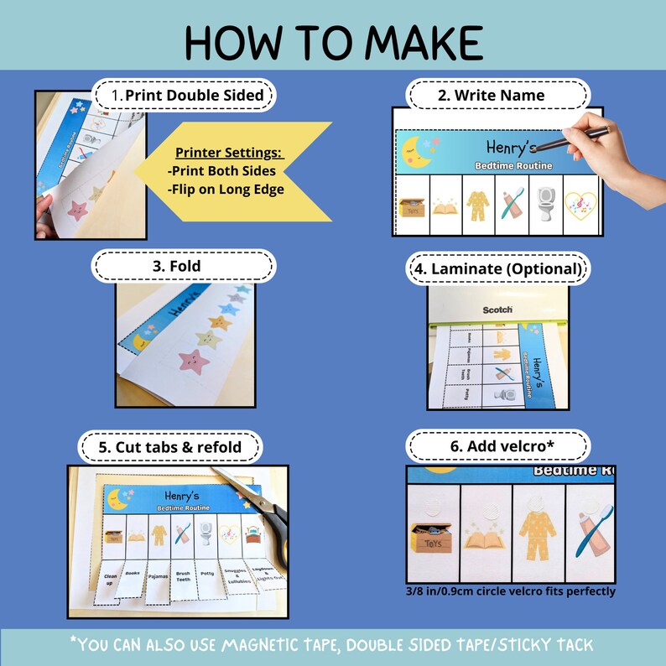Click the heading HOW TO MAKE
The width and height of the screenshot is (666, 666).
[333, 39]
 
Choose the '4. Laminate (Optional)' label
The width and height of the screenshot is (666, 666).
[497, 269]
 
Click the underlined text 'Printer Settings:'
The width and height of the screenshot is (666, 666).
[229, 153]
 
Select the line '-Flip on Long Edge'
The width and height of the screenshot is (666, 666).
[226, 189]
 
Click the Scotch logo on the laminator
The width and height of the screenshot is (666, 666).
[497, 310]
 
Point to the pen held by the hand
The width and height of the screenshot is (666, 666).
[586, 132]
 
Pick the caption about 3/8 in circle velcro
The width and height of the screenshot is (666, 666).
[510, 591]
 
